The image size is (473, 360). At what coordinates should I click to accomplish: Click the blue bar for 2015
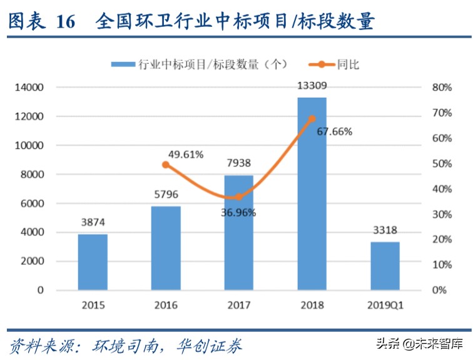[x=93, y=262]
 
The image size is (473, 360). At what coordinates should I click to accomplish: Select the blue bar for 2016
[x=166, y=249]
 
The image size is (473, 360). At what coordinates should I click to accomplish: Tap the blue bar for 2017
[x=238, y=233]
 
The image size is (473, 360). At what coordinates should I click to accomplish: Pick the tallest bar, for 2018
[x=312, y=194]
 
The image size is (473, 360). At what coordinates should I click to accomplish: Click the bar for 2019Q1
[x=385, y=266]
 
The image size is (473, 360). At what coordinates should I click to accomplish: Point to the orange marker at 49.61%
[x=166, y=165]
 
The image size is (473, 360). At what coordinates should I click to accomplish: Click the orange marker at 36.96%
[x=238, y=197]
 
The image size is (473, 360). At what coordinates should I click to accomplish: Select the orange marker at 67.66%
[x=312, y=118]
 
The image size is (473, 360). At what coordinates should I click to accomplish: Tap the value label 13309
[x=312, y=86]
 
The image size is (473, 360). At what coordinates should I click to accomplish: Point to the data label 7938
[x=238, y=163]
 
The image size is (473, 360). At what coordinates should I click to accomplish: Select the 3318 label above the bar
[x=385, y=230]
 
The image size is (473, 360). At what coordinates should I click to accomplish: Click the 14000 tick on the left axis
[x=29, y=88]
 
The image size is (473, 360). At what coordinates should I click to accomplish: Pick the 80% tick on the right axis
[x=442, y=88]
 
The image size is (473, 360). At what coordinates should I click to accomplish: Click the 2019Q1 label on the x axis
[x=385, y=306]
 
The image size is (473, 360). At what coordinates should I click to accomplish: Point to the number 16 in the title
[x=65, y=22]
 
